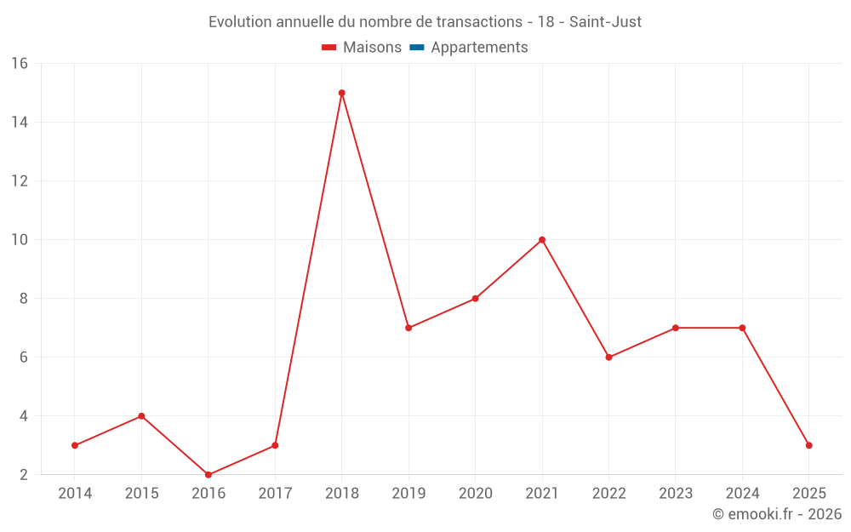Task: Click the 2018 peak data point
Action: pos(341,93)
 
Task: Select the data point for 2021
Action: pos(542,240)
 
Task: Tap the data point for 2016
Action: pos(208,475)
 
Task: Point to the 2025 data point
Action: pos(808,445)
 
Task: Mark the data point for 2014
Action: pos(75,445)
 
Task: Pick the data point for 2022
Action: pos(608,358)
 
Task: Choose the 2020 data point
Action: pos(475,299)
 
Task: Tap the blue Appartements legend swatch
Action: pos(416,48)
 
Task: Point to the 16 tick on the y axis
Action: pos(20,64)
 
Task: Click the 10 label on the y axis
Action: pos(20,240)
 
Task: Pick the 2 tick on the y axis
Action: pos(24,475)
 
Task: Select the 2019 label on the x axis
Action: pos(408,494)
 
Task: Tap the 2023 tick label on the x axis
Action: pos(676,494)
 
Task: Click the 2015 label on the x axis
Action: pos(141,494)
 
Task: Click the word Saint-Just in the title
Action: pos(605,21)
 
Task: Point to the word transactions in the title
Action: pos(477,21)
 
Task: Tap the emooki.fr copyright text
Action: pos(776,514)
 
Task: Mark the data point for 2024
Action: pos(742,328)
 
